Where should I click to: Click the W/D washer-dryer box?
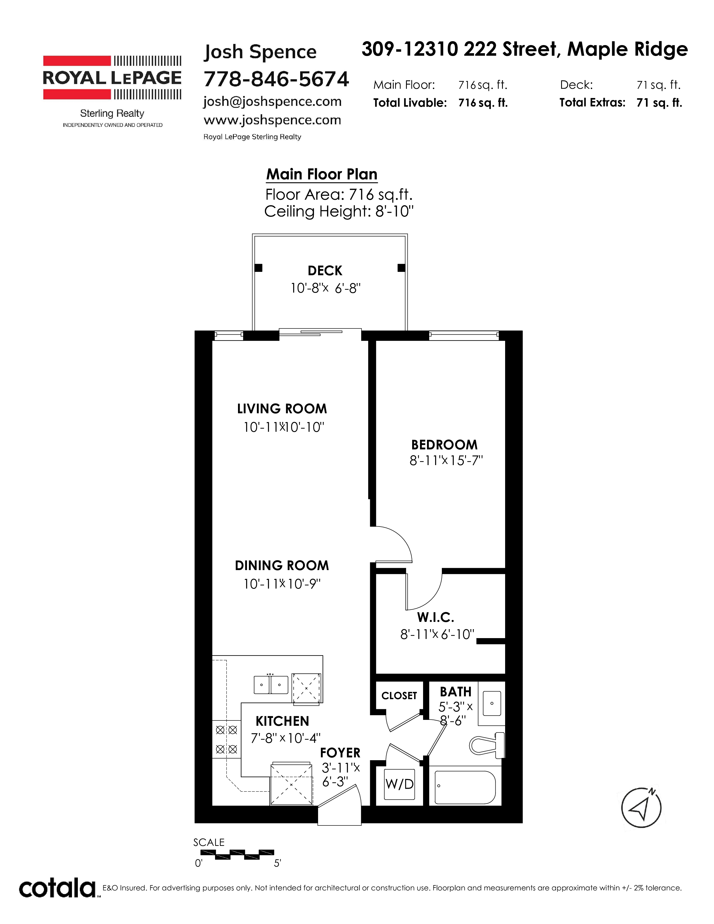click(x=399, y=784)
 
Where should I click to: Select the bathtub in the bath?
click(x=465, y=787)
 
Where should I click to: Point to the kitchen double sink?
click(x=271, y=685)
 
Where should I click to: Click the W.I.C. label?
click(x=436, y=618)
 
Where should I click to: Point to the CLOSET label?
click(x=399, y=696)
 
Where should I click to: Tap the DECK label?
click(x=325, y=271)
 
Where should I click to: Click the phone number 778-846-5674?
click(x=276, y=79)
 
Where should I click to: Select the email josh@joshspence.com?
click(x=272, y=102)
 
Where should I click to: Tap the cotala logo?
click(x=57, y=889)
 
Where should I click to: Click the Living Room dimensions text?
click(x=283, y=427)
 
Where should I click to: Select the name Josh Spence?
click(x=260, y=52)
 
